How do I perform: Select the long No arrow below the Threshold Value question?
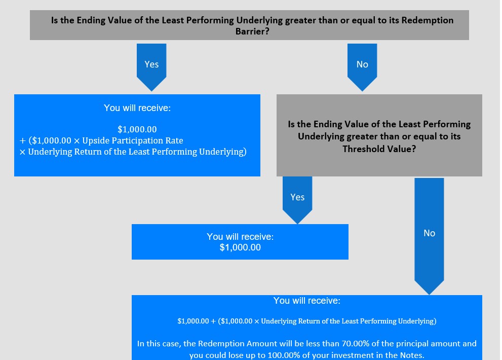pyautogui.click(x=429, y=236)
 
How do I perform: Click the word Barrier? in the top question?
pyautogui.click(x=252, y=31)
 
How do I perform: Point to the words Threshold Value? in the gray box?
pyautogui.click(x=379, y=149)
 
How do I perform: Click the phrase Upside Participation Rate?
pyautogui.click(x=133, y=140)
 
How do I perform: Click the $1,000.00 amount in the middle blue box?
pyautogui.click(x=240, y=247)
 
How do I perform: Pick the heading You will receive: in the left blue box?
pyautogui.click(x=137, y=108)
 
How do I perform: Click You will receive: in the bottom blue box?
pyautogui.click(x=306, y=301)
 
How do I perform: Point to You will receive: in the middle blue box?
pyautogui.click(x=240, y=237)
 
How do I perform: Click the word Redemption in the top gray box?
pyautogui.click(x=428, y=20)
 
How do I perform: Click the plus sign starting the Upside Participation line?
pyautogui.click(x=22, y=141)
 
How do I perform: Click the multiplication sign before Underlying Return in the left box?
pyautogui.click(x=22, y=152)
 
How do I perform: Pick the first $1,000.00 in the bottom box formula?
pyautogui.click(x=193, y=321)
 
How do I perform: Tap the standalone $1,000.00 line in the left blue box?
pyautogui.click(x=137, y=129)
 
